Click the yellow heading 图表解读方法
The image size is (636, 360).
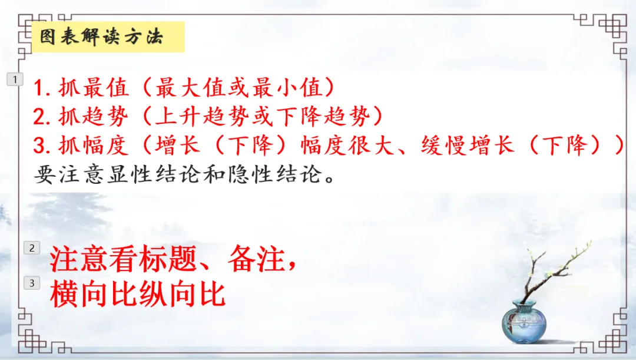[x=101, y=37]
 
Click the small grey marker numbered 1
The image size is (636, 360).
[x=15, y=79]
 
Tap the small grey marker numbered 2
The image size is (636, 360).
[x=32, y=248]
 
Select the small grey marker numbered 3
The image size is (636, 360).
[x=32, y=283]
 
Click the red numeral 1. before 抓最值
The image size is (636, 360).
[x=42, y=89]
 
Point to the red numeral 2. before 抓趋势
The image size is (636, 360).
[x=42, y=117]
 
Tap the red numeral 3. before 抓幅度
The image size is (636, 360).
[x=42, y=146]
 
